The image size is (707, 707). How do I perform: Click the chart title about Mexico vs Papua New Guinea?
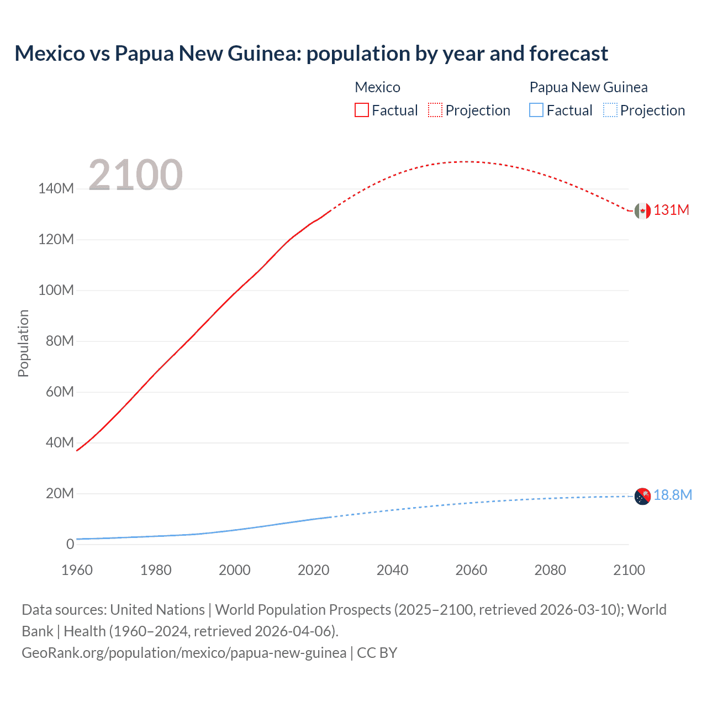(311, 54)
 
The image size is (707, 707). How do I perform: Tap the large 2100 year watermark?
(135, 175)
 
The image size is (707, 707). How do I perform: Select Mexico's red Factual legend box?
(361, 110)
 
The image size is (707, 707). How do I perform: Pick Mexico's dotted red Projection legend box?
(435, 110)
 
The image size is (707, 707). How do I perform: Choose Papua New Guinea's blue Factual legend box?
(536, 110)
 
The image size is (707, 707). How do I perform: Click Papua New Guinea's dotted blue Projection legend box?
(610, 110)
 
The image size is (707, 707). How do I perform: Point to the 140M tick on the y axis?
(56, 189)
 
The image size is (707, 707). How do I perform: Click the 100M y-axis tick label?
(56, 291)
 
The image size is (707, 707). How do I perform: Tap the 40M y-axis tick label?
(59, 443)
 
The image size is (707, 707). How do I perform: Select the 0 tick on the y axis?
(70, 545)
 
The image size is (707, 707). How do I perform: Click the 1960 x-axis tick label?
(77, 570)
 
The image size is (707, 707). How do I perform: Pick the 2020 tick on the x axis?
(313, 570)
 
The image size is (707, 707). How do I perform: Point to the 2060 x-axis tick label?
(471, 570)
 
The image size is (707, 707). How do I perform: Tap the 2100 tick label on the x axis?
(629, 570)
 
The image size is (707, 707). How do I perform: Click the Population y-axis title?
(23, 343)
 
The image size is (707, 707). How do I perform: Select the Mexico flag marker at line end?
(642, 210)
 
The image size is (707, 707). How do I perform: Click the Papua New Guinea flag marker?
(642, 497)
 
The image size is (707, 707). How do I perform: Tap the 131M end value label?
(671, 210)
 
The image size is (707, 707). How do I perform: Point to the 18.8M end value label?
(672, 495)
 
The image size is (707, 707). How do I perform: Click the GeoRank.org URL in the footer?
(184, 653)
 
